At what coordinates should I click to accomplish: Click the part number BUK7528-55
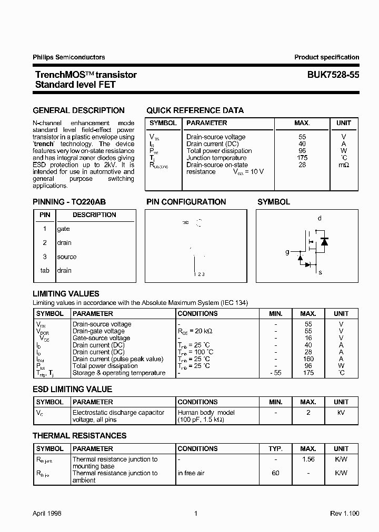coord(333,75)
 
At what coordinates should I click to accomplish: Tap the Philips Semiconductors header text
coord(69,57)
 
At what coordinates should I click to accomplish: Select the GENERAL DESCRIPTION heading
coord(78,110)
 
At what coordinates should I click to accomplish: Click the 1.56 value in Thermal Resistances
coord(308,459)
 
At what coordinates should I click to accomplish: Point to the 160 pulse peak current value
coord(308,359)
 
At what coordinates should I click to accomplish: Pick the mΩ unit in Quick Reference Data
coord(344,165)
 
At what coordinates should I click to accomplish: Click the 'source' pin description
coord(67,257)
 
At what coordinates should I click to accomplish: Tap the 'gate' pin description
coord(63,229)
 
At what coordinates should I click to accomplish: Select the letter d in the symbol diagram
coord(320,218)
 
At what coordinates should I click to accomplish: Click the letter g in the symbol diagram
coord(287,252)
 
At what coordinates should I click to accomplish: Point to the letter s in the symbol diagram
coord(320,272)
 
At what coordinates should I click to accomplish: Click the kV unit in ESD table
coord(341,413)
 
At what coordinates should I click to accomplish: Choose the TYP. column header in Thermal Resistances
coord(275,448)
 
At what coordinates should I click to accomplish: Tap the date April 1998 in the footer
coord(47,514)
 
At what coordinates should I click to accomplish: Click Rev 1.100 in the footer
coord(345,514)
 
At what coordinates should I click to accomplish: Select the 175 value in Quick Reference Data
coord(302,158)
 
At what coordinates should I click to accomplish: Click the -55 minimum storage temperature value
coord(275,373)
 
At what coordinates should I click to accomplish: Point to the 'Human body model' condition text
coord(206,413)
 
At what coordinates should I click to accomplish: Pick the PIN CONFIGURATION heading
coord(186,202)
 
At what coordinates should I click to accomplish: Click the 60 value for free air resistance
coord(275,473)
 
